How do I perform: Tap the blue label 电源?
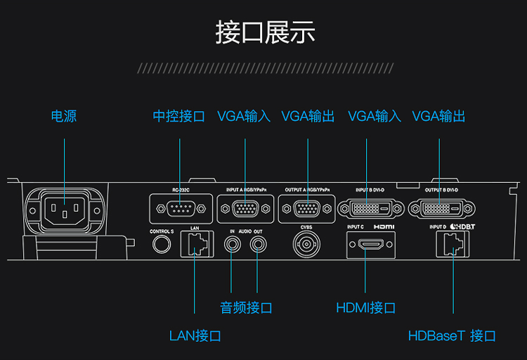[64, 116]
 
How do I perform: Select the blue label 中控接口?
[179, 116]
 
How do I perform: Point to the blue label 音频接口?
[246, 308]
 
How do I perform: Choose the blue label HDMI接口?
[365, 308]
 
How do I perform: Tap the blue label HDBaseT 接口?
[452, 335]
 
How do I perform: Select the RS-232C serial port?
[180, 208]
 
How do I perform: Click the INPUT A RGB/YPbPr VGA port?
[245, 209]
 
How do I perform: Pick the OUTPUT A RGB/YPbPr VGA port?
[308, 209]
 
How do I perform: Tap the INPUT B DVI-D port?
[372, 209]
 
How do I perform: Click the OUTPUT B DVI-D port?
[441, 209]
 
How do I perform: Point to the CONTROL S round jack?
[162, 244]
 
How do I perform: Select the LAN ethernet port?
[195, 243]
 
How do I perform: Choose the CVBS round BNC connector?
[306, 245]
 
